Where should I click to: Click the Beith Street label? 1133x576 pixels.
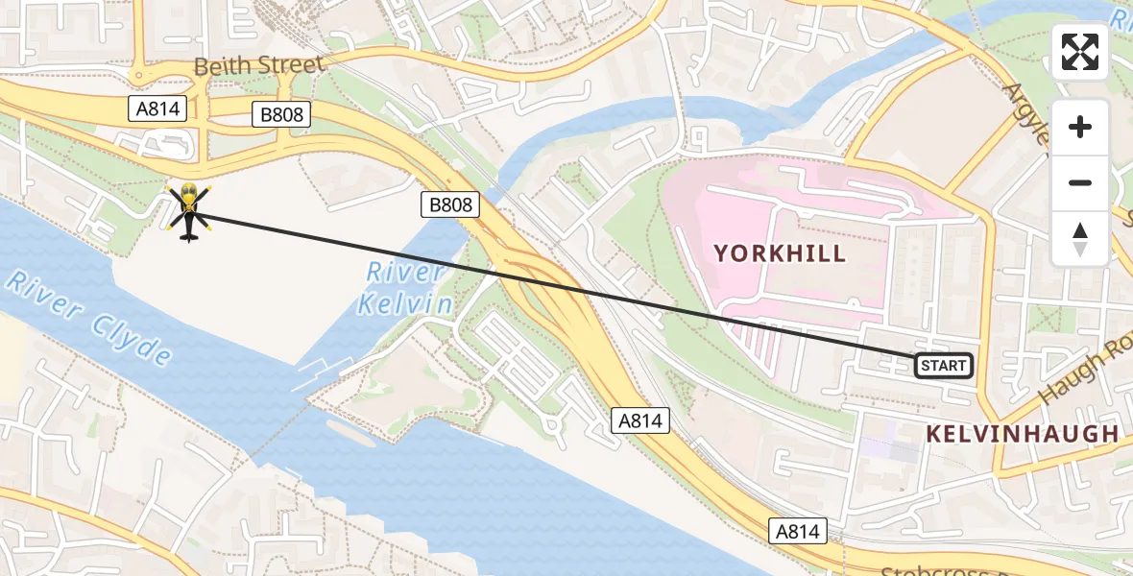pyautogui.click(x=258, y=66)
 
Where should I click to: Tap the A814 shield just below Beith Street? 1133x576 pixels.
pyautogui.click(x=157, y=108)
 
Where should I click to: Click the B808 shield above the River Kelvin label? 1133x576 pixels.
pyautogui.click(x=449, y=204)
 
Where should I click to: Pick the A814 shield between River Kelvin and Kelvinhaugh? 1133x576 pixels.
pyautogui.click(x=639, y=420)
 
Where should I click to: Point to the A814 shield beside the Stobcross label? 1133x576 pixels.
pyautogui.click(x=798, y=531)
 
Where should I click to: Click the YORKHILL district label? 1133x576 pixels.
pyautogui.click(x=780, y=253)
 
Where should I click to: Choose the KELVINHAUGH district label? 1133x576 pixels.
pyautogui.click(x=1022, y=434)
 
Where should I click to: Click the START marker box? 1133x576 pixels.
pyautogui.click(x=943, y=366)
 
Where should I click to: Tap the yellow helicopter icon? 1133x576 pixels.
pyautogui.click(x=188, y=210)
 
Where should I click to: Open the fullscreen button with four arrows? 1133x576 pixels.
pyautogui.click(x=1080, y=52)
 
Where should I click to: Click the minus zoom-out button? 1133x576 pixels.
pyautogui.click(x=1080, y=182)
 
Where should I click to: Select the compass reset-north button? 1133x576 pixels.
pyautogui.click(x=1080, y=238)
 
